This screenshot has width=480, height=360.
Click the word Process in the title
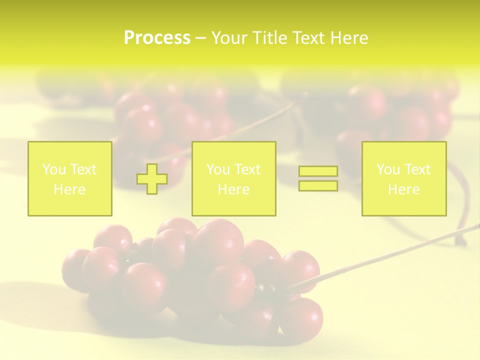pos(157,38)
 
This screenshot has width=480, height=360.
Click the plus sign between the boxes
pos(152,178)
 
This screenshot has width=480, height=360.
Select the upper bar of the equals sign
pos(318,171)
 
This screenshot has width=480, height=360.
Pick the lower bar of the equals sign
pos(318,185)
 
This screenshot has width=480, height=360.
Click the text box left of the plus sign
pos(70,178)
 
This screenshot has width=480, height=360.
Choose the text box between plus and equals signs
pos(233,178)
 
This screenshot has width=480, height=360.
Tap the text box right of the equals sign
pos(404,178)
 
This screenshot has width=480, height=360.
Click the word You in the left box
pos(53,169)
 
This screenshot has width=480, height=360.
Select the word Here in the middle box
pos(233,189)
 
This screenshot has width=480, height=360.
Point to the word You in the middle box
pos(217,169)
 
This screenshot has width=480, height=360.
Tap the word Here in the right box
pos(403,189)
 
